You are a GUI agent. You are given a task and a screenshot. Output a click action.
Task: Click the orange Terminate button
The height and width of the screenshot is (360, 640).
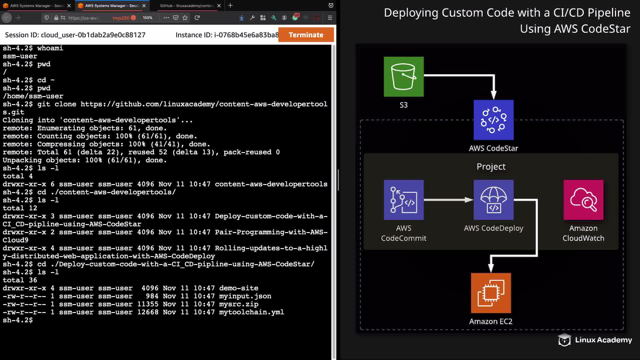306,35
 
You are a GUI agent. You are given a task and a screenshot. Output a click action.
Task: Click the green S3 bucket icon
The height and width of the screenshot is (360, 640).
404,77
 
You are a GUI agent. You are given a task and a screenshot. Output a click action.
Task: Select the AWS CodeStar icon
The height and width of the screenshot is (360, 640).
493,120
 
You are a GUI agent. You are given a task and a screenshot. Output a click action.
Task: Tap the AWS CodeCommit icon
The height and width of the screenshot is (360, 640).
404,200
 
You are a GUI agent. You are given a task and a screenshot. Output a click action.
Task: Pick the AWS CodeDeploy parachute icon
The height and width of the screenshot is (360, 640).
493,200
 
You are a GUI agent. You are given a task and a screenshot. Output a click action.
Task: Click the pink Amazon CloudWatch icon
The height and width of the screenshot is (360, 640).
583,200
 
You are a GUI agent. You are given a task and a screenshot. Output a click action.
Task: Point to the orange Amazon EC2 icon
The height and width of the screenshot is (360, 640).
491,293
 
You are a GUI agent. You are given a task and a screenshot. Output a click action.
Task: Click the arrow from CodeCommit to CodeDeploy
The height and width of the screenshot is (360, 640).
448,200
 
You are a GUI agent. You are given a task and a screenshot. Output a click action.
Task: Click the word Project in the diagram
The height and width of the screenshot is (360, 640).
491,166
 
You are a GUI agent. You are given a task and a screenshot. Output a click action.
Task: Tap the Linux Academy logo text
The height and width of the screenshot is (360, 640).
603,340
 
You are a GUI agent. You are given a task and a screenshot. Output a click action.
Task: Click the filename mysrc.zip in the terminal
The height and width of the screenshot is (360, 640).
239,304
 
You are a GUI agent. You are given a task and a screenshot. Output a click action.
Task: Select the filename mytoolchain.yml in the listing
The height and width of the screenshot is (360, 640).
251,312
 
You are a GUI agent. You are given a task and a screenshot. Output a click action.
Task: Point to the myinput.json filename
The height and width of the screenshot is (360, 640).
245,296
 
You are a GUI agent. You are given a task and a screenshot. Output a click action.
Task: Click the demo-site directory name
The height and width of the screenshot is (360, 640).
239,288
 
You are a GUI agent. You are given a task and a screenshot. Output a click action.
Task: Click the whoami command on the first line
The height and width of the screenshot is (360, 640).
50,48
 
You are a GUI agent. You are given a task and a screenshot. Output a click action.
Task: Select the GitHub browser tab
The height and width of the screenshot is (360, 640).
186,6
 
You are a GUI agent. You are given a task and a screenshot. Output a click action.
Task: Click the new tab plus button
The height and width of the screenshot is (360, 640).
230,6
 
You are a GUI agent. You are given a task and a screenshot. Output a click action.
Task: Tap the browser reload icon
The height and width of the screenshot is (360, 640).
197,18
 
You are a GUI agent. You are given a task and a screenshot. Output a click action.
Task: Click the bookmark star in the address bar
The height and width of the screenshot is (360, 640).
185,18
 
